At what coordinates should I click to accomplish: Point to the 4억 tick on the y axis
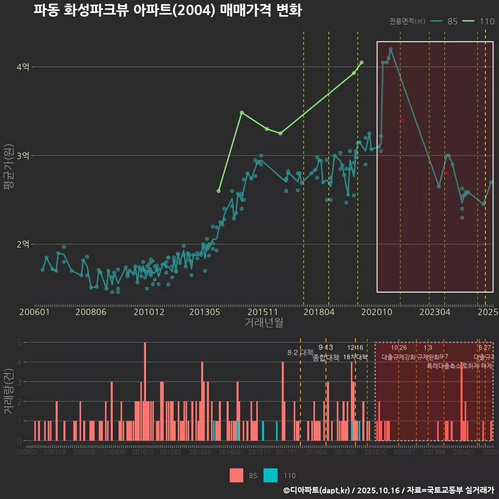[23, 67]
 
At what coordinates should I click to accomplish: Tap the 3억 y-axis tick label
[23, 155]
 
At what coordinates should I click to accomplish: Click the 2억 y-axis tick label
[23, 244]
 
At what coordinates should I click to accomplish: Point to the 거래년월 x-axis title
[264, 323]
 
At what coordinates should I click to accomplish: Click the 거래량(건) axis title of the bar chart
[9, 391]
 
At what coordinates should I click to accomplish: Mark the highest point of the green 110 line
[361, 62]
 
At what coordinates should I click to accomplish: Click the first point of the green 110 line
[218, 191]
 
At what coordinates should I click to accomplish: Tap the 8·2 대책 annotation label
[297, 352]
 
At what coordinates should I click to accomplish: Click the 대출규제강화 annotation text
[399, 358]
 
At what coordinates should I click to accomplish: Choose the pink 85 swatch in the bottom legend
[237, 475]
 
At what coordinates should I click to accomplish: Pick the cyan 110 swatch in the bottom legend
[270, 475]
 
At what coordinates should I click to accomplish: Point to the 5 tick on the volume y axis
[19, 343]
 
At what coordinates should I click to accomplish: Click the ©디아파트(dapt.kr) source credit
[317, 490]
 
